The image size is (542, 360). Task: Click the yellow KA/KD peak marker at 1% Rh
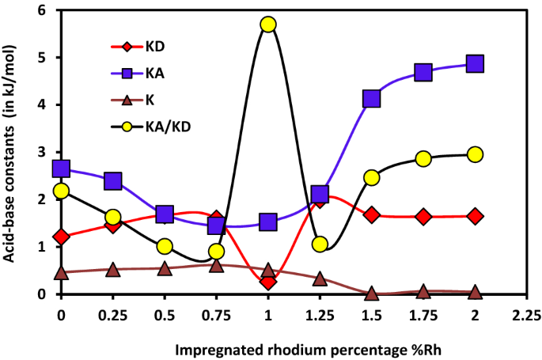(x=268, y=25)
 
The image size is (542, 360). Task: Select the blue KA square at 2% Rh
(x=476, y=64)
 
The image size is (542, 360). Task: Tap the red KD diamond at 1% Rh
(x=268, y=282)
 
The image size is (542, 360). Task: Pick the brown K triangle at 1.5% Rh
(x=372, y=294)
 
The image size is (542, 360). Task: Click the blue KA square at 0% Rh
(x=61, y=169)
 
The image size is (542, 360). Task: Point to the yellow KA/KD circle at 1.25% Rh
(x=320, y=244)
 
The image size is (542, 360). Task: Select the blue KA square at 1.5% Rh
(x=372, y=99)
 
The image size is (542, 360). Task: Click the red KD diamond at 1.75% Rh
(x=423, y=217)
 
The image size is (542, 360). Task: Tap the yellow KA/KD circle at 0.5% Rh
(x=165, y=246)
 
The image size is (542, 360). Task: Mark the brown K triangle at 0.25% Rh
(x=113, y=270)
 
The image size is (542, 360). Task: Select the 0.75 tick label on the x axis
(x=216, y=315)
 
